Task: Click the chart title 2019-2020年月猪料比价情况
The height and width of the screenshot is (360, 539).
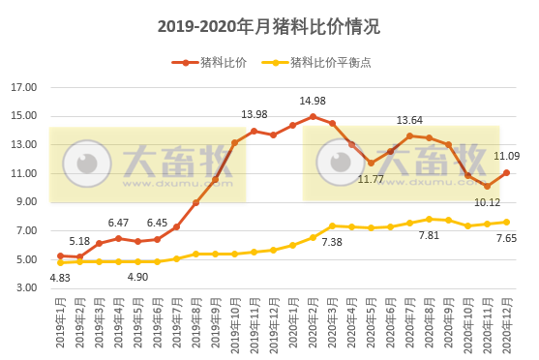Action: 269,27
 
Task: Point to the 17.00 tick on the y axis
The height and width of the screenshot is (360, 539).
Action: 24,88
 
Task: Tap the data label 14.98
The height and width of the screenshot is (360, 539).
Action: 312,102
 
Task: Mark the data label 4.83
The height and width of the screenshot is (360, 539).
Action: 60,278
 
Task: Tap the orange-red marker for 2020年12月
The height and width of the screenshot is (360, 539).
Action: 506,173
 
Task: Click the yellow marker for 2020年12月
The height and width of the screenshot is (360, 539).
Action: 506,222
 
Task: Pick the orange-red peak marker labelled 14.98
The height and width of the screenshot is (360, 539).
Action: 313,116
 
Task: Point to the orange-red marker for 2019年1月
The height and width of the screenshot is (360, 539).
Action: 60,255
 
